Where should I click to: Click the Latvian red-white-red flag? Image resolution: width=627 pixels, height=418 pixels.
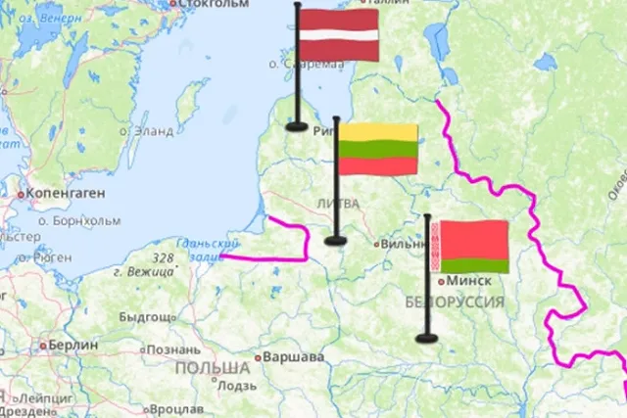tap(338, 34)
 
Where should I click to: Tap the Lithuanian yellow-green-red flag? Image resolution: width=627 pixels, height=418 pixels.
tap(378, 150)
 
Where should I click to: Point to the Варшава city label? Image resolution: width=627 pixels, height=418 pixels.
tap(293, 357)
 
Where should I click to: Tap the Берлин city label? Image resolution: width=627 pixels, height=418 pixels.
tap(73, 346)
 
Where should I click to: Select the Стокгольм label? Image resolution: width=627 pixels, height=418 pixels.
tap(215, 4)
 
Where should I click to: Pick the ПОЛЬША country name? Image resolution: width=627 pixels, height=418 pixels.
tap(213, 368)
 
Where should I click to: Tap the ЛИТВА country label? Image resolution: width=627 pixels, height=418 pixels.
tap(338, 203)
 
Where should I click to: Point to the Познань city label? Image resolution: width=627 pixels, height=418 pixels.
tap(173, 349)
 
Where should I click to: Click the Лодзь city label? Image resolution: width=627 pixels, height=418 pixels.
tap(238, 386)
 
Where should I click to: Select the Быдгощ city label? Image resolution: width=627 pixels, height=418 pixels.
tap(147, 317)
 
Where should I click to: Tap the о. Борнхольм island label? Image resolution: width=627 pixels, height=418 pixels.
tap(80, 220)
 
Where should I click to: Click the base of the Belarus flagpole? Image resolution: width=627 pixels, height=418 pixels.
tap(426, 339)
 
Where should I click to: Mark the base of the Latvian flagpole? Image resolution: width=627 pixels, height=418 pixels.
tap(297, 125)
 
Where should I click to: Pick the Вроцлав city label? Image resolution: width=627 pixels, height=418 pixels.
tap(177, 408)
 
